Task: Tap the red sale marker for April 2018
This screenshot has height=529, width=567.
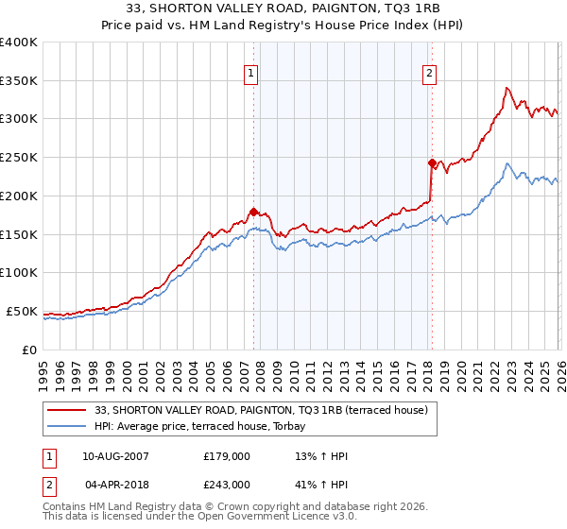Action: [432, 162]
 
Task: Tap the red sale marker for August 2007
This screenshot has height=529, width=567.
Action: [253, 212]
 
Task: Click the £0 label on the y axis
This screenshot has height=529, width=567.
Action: [29, 350]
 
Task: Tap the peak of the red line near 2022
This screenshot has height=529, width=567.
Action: [507, 88]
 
